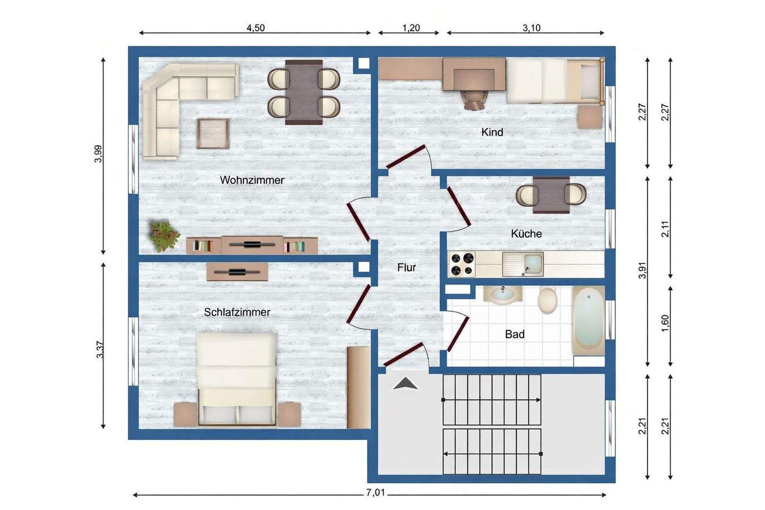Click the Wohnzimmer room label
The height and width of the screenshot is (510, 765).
click(x=252, y=180)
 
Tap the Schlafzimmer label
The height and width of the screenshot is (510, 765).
click(x=237, y=312)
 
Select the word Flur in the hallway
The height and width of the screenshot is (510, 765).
click(x=406, y=267)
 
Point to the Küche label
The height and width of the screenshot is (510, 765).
click(x=526, y=234)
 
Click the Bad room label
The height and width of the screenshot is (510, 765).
click(x=515, y=334)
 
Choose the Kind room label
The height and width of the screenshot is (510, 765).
click(x=492, y=132)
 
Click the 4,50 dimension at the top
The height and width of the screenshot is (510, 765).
click(x=256, y=28)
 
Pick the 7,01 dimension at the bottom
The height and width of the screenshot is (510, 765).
click(x=375, y=492)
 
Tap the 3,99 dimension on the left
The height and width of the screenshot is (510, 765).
click(x=98, y=154)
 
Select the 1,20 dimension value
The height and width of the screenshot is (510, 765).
click(x=411, y=28)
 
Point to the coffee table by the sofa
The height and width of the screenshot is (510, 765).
click(x=212, y=133)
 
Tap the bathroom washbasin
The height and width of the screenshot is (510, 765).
click(x=503, y=294)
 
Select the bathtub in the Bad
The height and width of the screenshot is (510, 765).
click(x=589, y=320)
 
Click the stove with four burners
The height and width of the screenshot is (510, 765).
click(x=462, y=263)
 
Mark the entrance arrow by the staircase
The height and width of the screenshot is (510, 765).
click(x=405, y=384)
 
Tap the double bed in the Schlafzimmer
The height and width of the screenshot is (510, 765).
click(x=237, y=379)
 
